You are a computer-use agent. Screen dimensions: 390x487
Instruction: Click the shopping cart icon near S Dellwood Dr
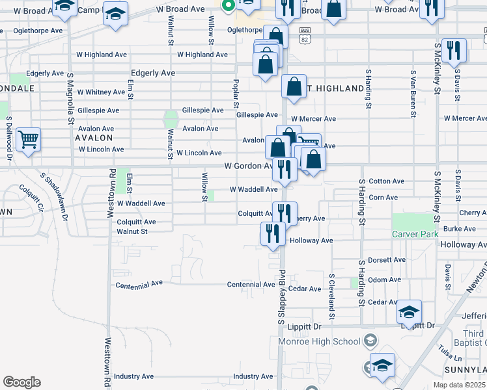tap(28, 138)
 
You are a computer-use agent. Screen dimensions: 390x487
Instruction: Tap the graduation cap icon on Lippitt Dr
tap(410, 311)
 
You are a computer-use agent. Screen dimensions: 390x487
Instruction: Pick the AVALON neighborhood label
tap(94, 138)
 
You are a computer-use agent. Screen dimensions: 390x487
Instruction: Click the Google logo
tap(21, 382)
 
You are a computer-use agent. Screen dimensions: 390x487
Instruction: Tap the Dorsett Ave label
tap(386, 259)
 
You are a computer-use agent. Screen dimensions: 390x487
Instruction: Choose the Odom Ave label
tap(384, 279)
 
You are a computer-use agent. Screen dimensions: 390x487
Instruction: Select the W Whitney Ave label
tap(100, 92)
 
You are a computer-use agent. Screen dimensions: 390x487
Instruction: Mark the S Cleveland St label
tap(331, 289)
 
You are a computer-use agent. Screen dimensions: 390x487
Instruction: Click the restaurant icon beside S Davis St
tap(453, 51)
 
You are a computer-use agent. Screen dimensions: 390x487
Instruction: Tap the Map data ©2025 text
tap(459, 385)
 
